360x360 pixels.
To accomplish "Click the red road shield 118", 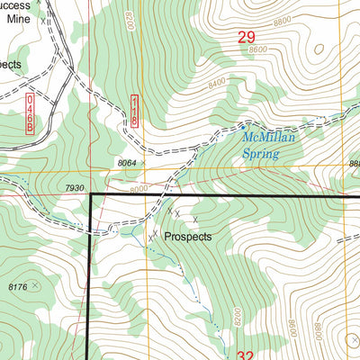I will [135, 109].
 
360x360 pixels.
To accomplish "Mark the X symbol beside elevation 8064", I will [142, 163].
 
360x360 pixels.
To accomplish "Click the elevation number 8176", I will [17, 287].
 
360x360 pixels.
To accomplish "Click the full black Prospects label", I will [188, 237].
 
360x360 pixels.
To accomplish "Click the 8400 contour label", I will [216, 84].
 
